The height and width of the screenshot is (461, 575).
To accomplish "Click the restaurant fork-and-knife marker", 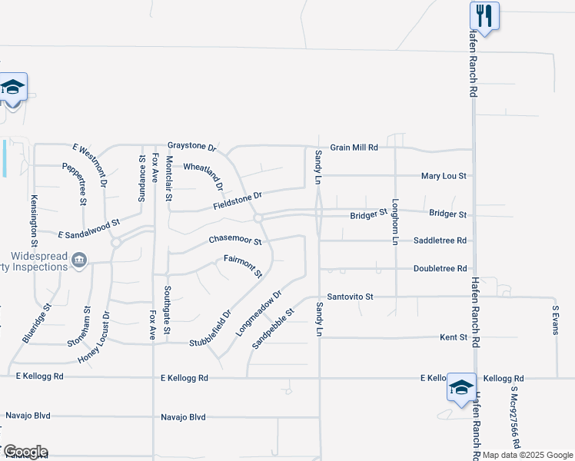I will pyautogui.click(x=484, y=14).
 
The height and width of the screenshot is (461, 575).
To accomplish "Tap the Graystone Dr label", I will pyautogui.click(x=193, y=146).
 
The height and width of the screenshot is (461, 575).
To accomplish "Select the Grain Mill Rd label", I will pyautogui.click(x=354, y=147).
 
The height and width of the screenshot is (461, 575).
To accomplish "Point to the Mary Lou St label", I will pyautogui.click(x=444, y=176).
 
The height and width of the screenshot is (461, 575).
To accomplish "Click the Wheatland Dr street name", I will pyautogui.click(x=203, y=175).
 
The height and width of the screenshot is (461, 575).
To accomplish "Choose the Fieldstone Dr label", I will pyautogui.click(x=238, y=201).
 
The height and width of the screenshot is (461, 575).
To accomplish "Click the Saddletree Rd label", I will pyautogui.click(x=440, y=240).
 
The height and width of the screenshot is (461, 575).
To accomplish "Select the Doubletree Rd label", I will pyautogui.click(x=440, y=269).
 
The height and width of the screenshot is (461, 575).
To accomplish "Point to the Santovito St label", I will pyautogui.click(x=350, y=297).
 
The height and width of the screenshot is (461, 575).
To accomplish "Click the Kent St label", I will pyautogui.click(x=453, y=337).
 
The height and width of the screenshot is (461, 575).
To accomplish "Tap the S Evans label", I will pyautogui.click(x=554, y=318).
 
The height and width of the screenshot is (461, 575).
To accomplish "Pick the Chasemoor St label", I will pyautogui.click(x=235, y=241).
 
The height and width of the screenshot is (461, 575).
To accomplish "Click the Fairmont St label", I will pyautogui.click(x=243, y=266).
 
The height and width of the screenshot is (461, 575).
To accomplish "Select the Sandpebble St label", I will pyautogui.click(x=274, y=329).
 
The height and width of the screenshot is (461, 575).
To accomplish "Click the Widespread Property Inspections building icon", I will pyautogui.click(x=79, y=262).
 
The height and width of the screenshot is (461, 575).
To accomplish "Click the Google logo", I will pyautogui.click(x=25, y=452).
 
